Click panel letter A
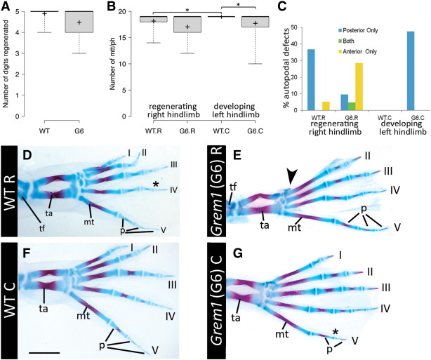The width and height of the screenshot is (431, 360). click(x=6, y=8)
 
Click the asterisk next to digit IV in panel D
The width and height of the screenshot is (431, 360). click(x=154, y=185)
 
